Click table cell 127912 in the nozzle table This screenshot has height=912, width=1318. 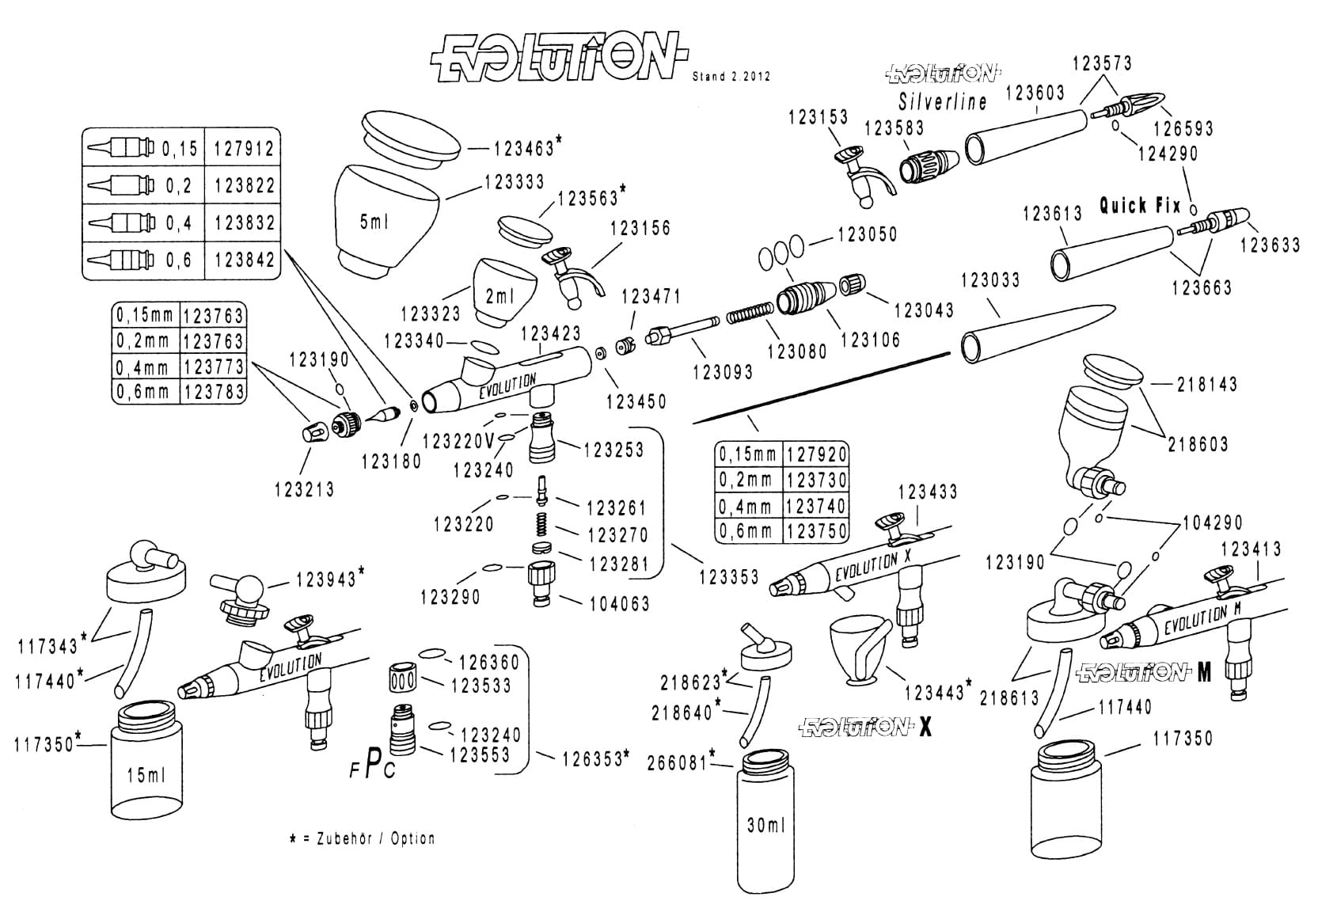[244, 148]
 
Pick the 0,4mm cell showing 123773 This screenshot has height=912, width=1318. [213, 367]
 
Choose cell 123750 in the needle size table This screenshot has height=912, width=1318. [817, 530]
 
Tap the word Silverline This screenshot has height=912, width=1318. [942, 102]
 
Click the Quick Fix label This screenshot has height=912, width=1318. [1140, 206]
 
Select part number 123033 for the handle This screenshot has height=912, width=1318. [989, 280]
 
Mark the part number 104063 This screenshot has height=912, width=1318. [619, 604]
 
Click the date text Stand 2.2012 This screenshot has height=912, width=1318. [731, 77]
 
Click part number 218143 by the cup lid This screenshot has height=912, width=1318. [1206, 384]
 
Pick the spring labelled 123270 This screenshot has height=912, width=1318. [541, 524]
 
